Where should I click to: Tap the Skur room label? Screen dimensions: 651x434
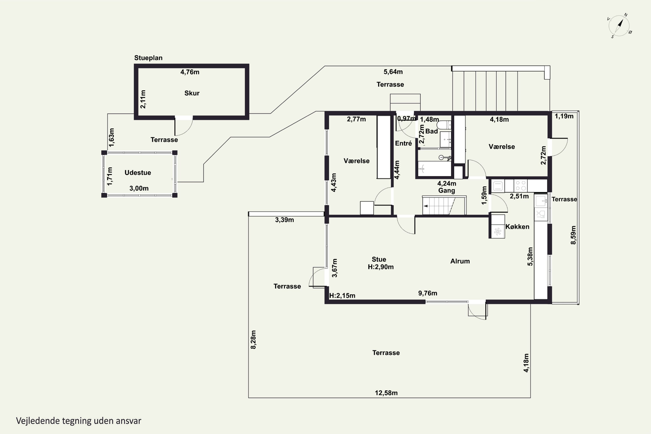point(192,93)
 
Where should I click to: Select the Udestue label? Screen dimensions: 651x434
point(138,173)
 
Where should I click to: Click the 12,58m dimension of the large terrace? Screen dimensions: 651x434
point(386,393)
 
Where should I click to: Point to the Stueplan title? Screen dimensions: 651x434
point(148,58)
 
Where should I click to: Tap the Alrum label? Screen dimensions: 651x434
point(460,261)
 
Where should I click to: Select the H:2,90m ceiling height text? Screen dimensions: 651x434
point(381,267)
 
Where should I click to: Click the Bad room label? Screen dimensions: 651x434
point(432,131)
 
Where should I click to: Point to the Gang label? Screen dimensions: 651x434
point(446,191)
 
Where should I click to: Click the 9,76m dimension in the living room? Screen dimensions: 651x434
point(428,293)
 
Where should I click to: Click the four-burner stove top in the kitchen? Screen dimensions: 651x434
point(520,186)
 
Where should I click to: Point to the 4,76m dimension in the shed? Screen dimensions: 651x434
point(190,72)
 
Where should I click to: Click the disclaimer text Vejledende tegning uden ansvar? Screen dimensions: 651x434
point(79,421)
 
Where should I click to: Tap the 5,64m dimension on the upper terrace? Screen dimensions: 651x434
point(393,72)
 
